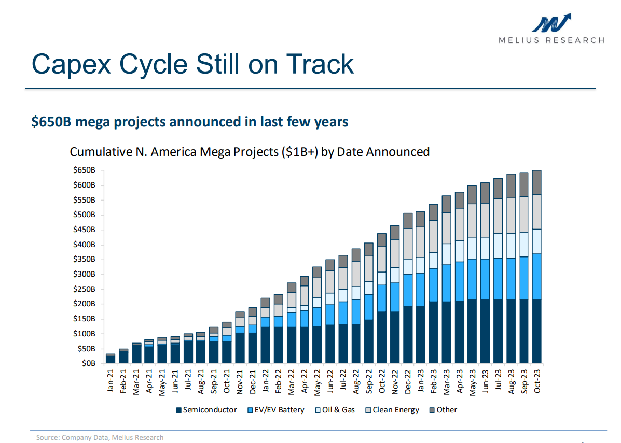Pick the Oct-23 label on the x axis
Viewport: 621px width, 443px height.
coord(537,381)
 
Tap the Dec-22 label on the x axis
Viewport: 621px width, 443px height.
coord(408,381)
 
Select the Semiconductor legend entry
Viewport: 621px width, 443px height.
coord(206,410)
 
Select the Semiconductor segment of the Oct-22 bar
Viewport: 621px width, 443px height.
coord(382,337)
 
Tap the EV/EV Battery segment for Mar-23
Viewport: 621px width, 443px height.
coord(446,283)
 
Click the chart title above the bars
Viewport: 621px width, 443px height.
coord(250,152)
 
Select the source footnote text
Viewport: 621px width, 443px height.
coord(100,437)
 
